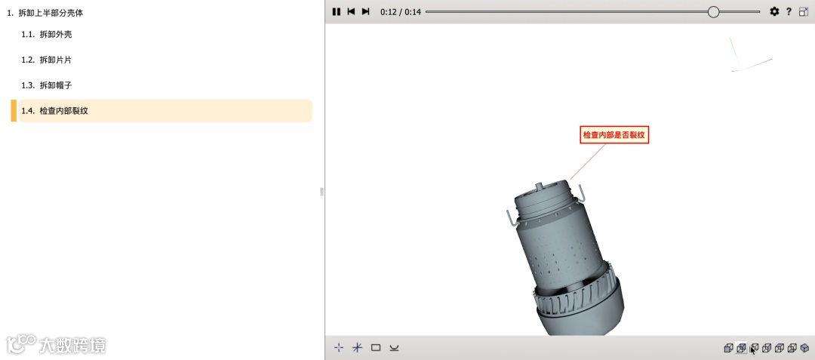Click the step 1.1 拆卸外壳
coord(47,34)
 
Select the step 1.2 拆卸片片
coord(47,60)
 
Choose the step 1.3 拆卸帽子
coord(47,85)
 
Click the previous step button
coord(352,11)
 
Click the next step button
coord(365,11)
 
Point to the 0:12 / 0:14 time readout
coord(401,12)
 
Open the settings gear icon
coord(774,11)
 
